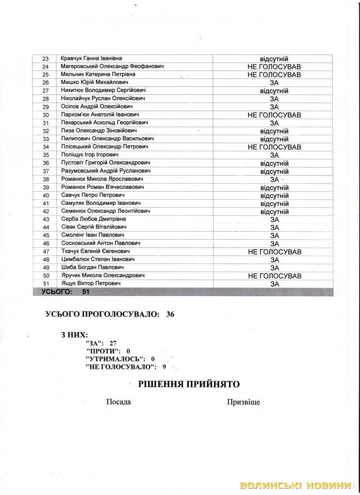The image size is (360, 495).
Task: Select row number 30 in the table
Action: [x=46, y=115]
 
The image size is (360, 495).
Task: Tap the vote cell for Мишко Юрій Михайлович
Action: [x=274, y=83]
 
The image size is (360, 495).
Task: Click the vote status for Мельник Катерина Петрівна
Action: [x=274, y=75]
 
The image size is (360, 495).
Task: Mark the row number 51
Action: [x=46, y=283]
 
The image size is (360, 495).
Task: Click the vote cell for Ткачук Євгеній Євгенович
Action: [x=274, y=252]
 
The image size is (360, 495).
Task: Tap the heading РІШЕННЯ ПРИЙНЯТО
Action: [x=189, y=384]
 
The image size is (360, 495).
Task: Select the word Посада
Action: [x=119, y=402]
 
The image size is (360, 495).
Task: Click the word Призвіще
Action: [x=243, y=402]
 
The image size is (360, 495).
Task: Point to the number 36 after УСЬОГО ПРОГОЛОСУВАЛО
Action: [x=170, y=314]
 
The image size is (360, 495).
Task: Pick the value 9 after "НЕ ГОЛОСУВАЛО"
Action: [x=164, y=367]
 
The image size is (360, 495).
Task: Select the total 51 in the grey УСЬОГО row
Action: [x=86, y=292]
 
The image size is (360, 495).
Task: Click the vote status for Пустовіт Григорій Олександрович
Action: [x=274, y=163]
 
